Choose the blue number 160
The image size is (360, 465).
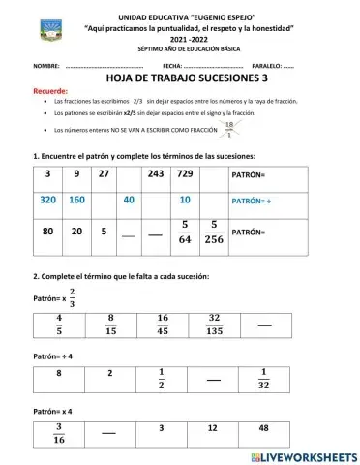tap(76, 200)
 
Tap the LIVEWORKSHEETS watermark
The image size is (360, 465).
tap(303, 456)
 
